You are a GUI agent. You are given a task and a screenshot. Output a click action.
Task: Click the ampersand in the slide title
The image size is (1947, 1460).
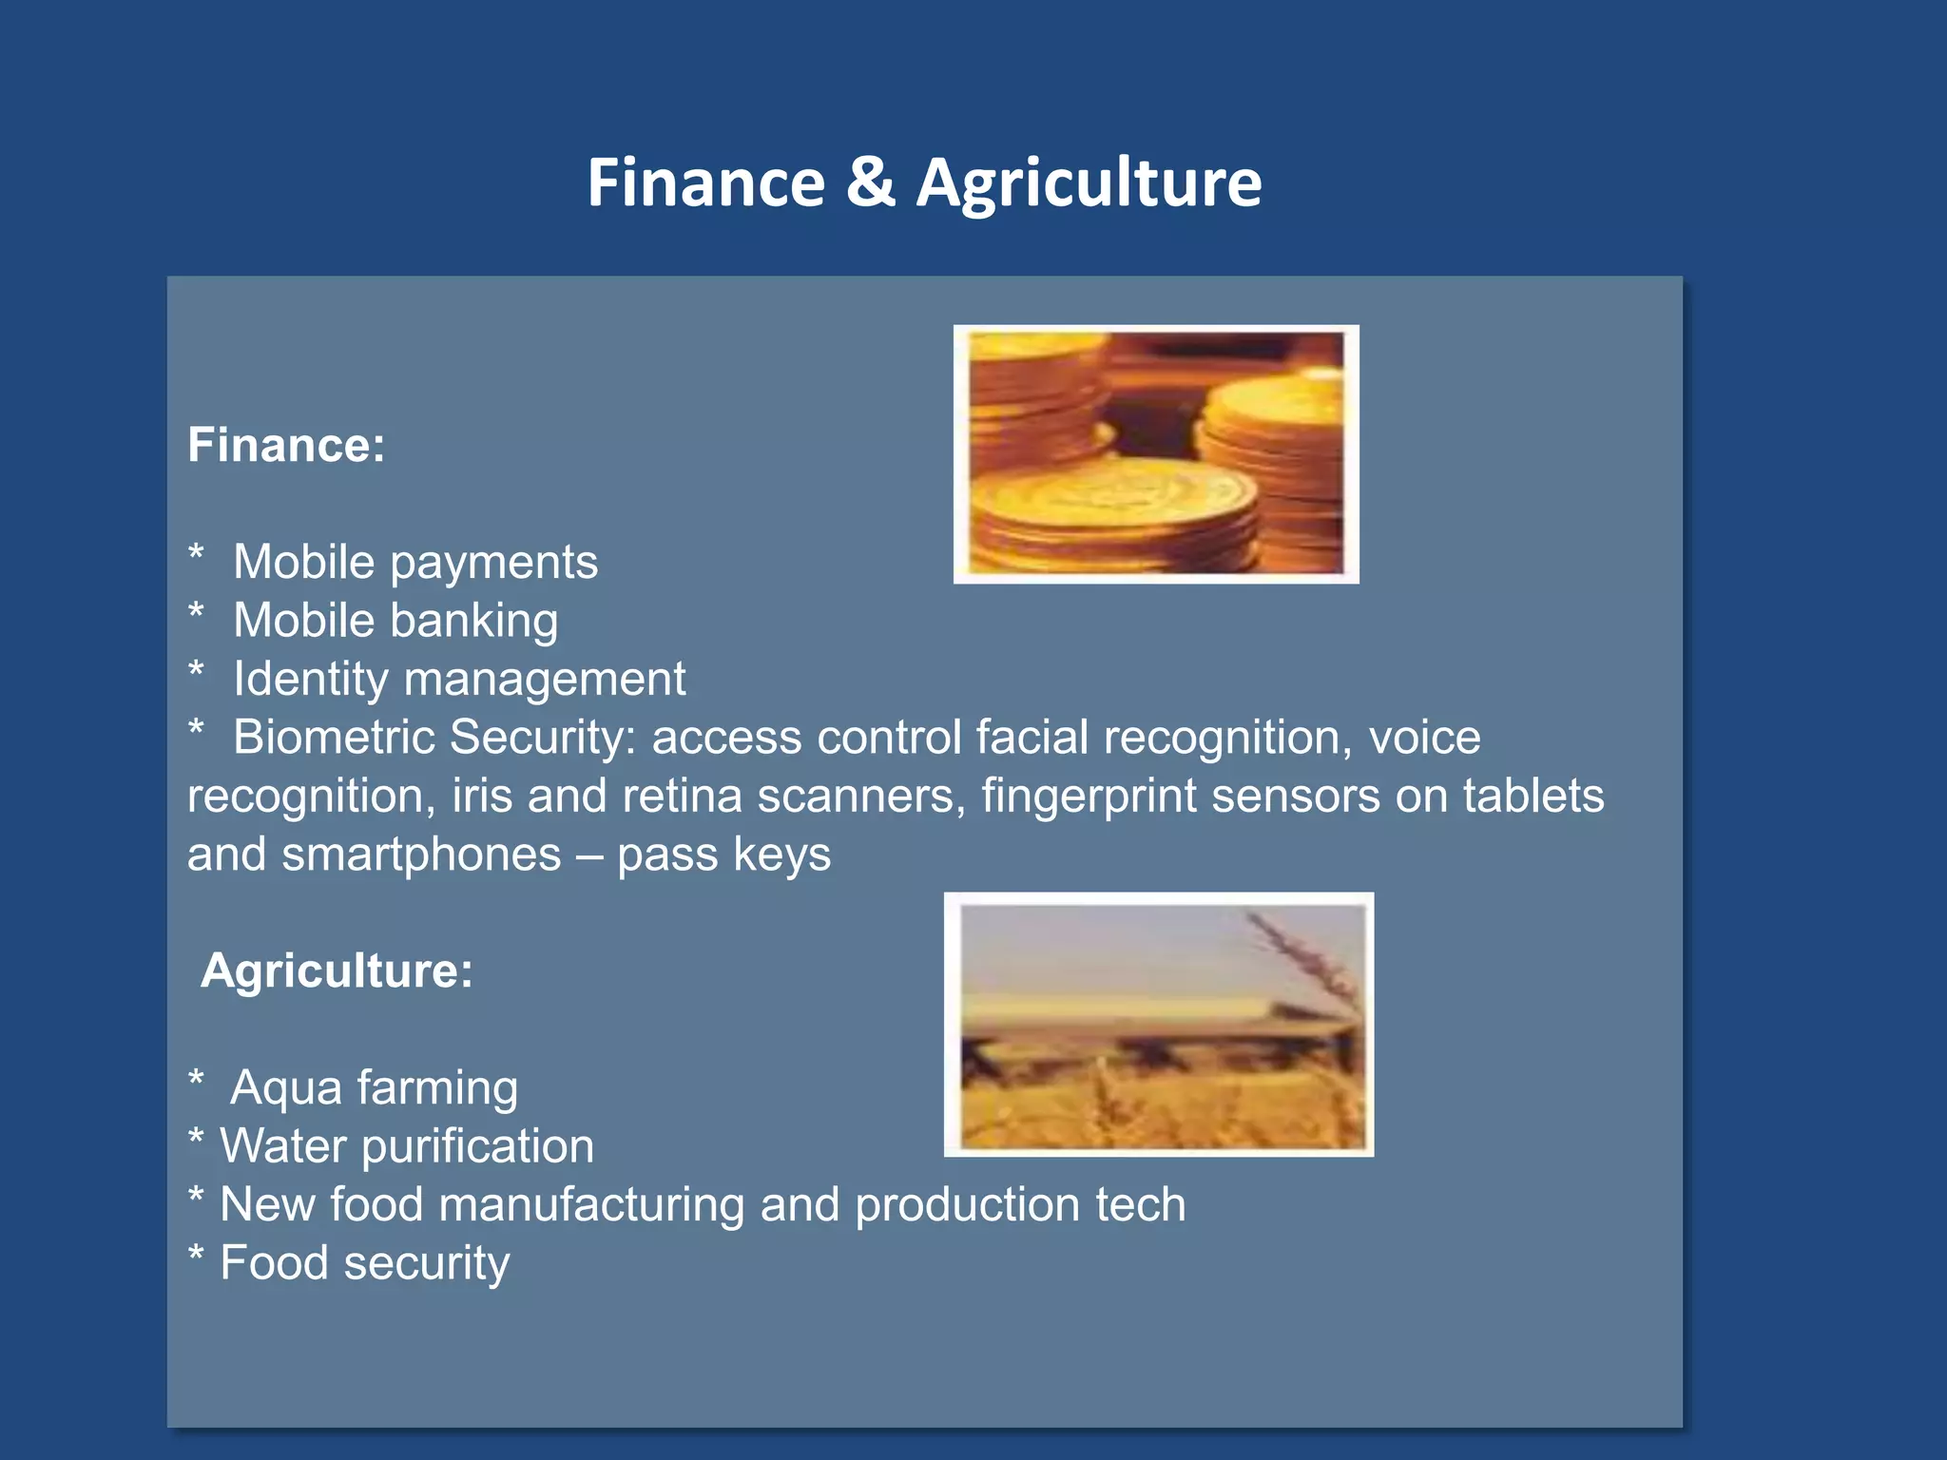point(870,183)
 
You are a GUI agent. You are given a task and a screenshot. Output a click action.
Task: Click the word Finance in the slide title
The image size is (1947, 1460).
point(705,183)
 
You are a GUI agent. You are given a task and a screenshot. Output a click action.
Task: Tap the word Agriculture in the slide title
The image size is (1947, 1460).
point(1089,183)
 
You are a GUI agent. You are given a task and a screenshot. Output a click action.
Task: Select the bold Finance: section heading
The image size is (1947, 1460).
point(286,445)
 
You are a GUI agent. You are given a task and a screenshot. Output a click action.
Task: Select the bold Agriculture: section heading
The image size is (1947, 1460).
point(337,970)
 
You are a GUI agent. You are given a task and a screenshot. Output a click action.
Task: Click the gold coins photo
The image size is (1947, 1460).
point(1155,454)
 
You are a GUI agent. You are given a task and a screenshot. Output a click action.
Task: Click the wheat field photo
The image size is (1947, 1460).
point(1158,1025)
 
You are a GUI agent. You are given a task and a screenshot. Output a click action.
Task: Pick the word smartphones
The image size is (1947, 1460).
point(421,855)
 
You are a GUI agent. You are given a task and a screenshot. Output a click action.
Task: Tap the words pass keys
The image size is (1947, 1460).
point(723,855)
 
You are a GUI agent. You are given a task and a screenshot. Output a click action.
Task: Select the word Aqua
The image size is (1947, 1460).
point(285,1088)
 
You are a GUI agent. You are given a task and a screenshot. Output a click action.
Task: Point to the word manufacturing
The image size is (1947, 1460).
point(592,1204)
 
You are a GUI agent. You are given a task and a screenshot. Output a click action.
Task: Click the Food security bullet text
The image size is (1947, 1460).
point(364,1263)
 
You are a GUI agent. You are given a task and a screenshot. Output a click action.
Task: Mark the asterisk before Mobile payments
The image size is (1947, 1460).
point(196,553)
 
